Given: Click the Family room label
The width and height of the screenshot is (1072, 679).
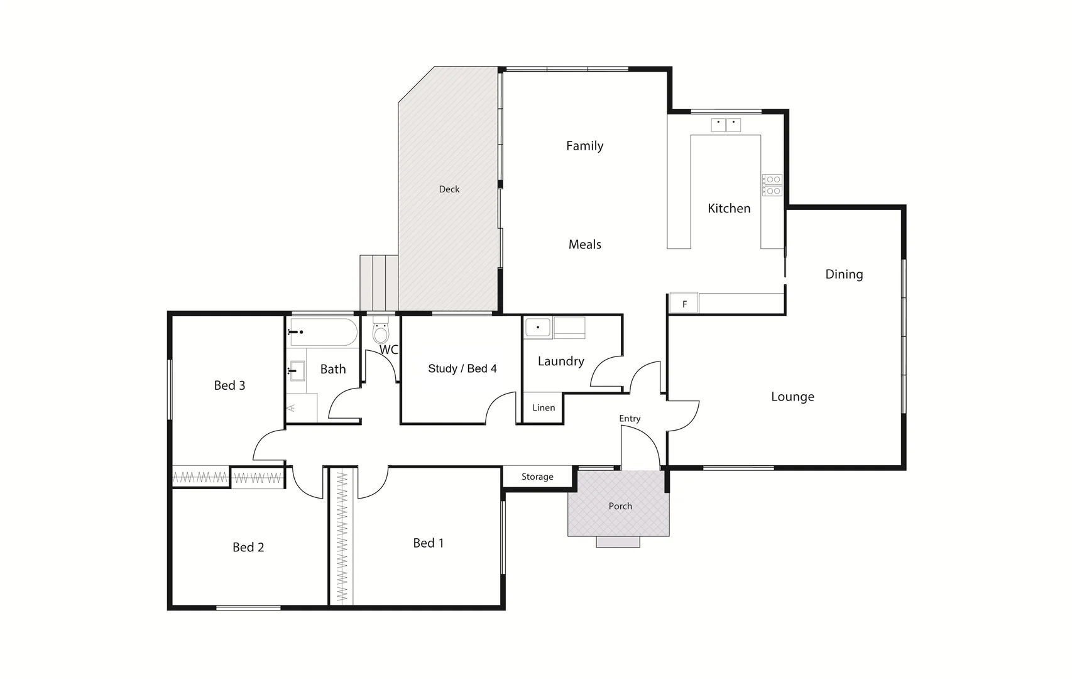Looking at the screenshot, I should click(584, 146).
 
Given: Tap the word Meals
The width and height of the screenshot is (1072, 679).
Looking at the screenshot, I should click(584, 245).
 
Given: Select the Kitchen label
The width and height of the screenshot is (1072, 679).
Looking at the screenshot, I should click(729, 208).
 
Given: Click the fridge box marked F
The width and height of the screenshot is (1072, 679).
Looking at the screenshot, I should click(684, 304).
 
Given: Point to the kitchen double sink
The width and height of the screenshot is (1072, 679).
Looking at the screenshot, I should click(726, 124).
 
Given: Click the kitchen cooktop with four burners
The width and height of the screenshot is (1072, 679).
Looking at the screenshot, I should click(772, 185).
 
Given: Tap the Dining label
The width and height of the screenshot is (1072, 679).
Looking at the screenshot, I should click(844, 274).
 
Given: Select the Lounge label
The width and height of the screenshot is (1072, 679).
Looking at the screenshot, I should click(792, 397).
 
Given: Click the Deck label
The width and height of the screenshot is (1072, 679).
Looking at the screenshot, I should click(449, 189).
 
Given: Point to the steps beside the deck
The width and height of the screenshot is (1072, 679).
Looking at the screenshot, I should click(379, 282).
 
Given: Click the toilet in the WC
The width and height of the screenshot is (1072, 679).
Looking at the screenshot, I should click(381, 332).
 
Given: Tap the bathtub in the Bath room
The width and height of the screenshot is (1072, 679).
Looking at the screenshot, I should click(322, 332).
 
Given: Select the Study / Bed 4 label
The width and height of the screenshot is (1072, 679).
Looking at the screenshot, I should click(462, 368).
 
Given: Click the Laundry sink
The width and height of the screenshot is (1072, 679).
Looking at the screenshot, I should click(538, 328).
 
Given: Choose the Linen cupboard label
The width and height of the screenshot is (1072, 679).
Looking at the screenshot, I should click(544, 408).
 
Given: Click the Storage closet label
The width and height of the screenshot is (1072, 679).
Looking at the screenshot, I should click(537, 477).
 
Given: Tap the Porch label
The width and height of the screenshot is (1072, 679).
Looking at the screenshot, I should click(620, 506).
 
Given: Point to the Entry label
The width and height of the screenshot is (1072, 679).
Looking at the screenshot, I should click(630, 419).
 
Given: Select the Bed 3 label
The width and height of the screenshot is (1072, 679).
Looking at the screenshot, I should click(229, 385).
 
